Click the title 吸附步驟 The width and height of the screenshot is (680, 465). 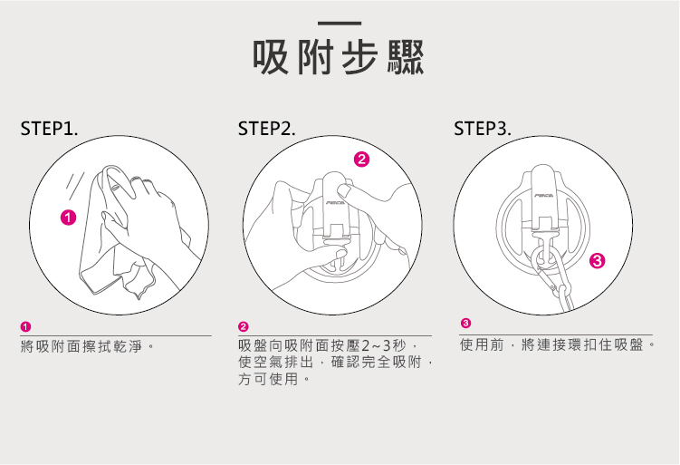coord(340,57)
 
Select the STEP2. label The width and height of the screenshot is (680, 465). coord(267,130)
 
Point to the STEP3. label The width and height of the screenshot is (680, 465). coord(483,130)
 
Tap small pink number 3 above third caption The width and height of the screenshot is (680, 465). coord(465,324)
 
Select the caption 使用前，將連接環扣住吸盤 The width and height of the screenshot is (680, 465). coord(556,345)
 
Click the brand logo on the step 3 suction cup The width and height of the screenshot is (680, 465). coord(544,194)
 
